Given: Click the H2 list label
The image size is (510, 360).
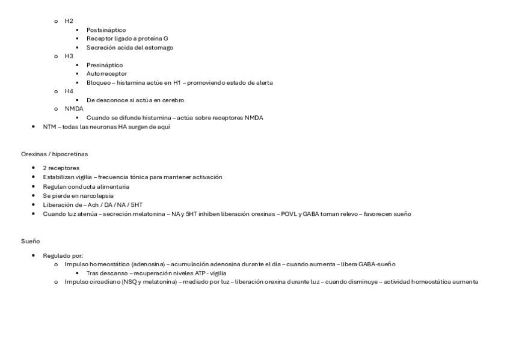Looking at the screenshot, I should pyautogui.click(x=69, y=21).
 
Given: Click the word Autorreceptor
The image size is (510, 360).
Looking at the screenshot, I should pyautogui.click(x=106, y=74).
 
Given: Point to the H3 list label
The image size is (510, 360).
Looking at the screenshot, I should pyautogui.click(x=69, y=56).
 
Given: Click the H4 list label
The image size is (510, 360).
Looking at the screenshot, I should pyautogui.click(x=69, y=91).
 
